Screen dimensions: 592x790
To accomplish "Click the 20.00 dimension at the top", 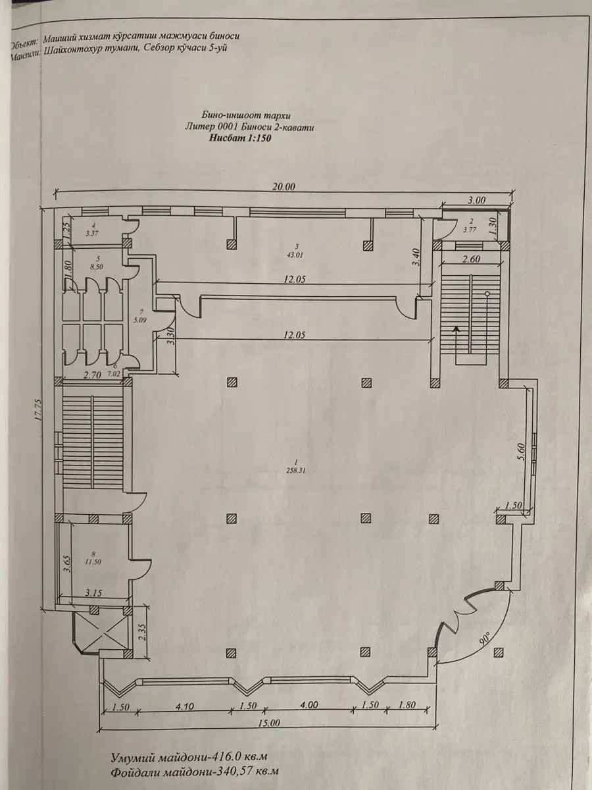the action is click(284, 186).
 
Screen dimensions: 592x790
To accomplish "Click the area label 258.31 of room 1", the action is click(296, 471).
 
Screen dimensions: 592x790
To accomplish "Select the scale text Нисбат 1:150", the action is click(240, 138).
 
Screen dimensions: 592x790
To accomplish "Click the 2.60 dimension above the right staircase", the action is click(470, 259).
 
